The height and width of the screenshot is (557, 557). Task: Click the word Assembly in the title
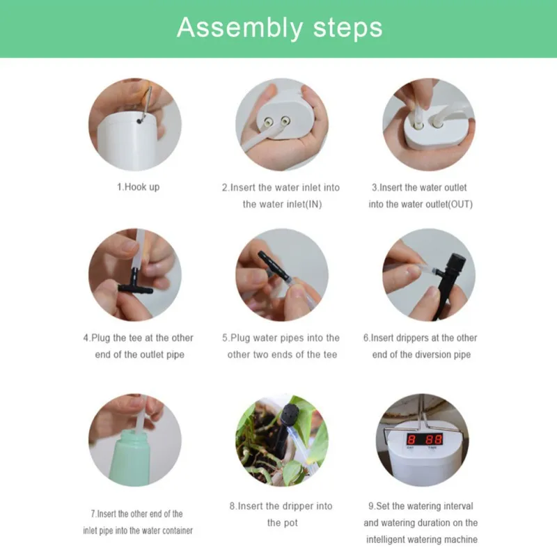point(240,28)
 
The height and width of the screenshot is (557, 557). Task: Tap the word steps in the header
point(347,27)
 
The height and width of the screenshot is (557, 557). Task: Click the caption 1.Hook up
point(138,187)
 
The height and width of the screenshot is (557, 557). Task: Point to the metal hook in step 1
point(146,103)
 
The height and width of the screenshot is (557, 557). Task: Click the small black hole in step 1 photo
point(139,121)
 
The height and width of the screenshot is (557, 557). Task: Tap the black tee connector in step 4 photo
point(135,284)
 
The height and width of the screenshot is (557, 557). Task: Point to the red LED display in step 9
point(425,439)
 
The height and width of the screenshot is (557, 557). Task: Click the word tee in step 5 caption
point(329,354)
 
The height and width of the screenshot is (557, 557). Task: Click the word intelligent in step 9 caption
point(391,540)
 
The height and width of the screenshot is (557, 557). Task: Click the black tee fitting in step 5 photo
point(272,265)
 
